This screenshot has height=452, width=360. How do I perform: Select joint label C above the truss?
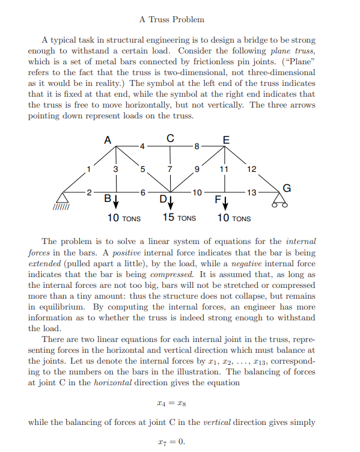coord(171,138)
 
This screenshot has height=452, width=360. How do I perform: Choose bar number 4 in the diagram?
coord(142,146)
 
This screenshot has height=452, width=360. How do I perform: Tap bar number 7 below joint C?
coord(170,169)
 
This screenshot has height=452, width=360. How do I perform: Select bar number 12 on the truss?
coord(252,169)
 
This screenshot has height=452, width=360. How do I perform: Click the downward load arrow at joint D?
coord(171,200)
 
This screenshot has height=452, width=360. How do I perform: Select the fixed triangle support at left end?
coord(63,198)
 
